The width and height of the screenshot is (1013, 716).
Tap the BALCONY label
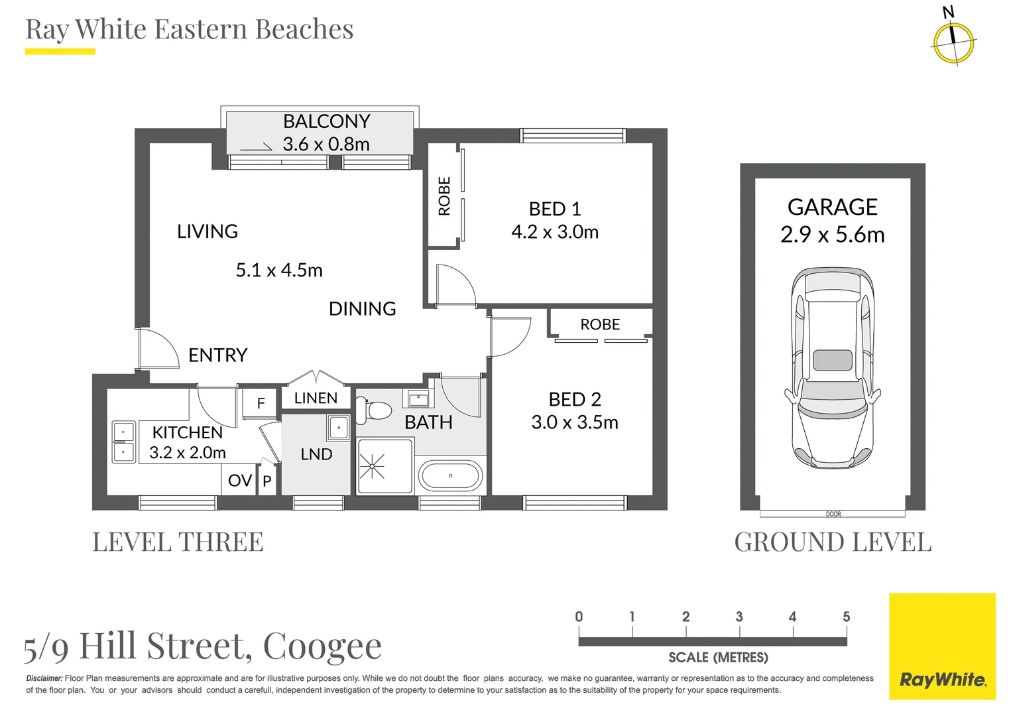point(327,121)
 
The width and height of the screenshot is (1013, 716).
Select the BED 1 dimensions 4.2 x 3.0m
point(555,231)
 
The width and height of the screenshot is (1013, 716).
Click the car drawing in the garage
point(833,367)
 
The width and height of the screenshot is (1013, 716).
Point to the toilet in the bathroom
point(374,410)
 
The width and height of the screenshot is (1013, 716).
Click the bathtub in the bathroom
point(450,475)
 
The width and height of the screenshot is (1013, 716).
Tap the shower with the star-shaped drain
point(385,466)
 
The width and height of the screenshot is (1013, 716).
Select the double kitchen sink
point(123,442)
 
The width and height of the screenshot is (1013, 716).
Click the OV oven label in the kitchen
point(240,481)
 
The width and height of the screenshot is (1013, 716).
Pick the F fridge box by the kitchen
point(260,403)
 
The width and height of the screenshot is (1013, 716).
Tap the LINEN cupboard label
point(316,398)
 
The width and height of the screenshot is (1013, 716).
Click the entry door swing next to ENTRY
point(159,347)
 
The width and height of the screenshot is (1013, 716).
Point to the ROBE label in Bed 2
point(600,324)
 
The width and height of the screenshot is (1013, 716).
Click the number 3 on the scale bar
point(739,617)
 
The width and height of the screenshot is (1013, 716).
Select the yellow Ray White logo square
point(943,646)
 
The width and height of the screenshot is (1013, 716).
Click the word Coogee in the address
point(322,646)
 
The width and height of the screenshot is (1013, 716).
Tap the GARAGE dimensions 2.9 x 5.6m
point(833,235)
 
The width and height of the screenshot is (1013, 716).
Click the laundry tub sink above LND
point(338,428)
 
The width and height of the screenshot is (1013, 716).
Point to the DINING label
point(362,309)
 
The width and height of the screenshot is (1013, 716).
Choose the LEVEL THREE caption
point(178,542)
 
